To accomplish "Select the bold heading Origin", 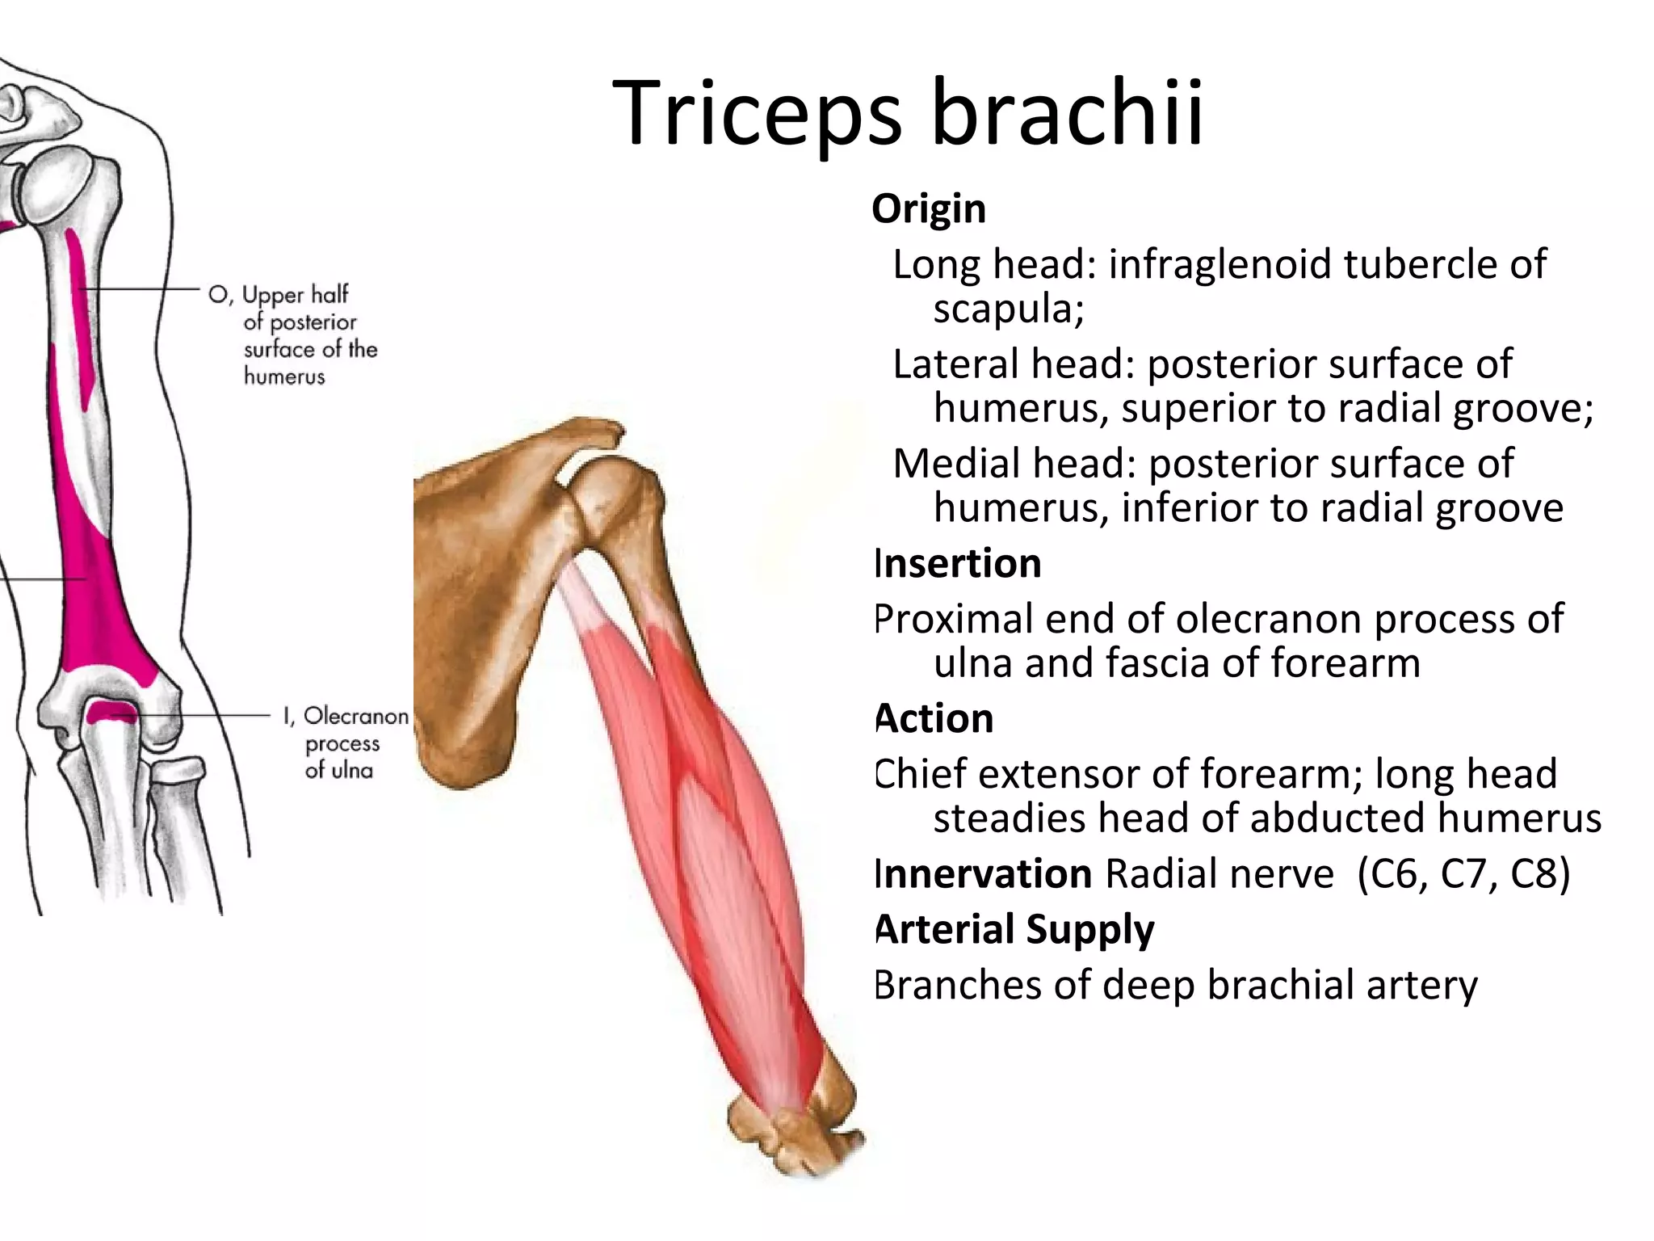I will [929, 209].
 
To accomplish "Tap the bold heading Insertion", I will [958, 563].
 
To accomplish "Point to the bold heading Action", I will [934, 718].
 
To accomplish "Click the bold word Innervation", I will [984, 874].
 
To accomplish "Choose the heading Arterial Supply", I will [1015, 929].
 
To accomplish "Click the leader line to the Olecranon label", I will [202, 716].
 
